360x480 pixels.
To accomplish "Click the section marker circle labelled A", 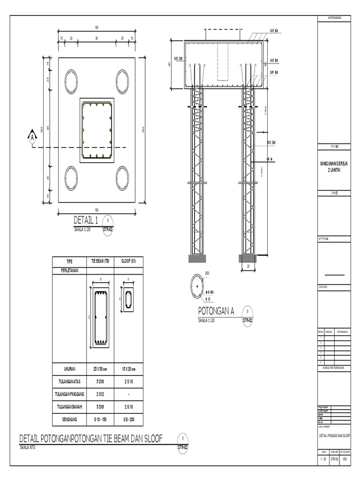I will [32, 137].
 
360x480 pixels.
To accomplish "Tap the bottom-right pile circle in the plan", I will [122, 179].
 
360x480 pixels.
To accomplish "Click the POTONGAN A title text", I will [216, 311].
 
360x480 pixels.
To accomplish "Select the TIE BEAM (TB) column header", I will [100, 262].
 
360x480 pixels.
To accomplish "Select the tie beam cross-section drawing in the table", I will [100, 318].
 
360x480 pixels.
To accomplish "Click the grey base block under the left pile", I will [196, 259].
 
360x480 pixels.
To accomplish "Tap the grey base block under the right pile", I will [247, 259].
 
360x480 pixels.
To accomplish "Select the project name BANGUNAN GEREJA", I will [333, 164].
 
